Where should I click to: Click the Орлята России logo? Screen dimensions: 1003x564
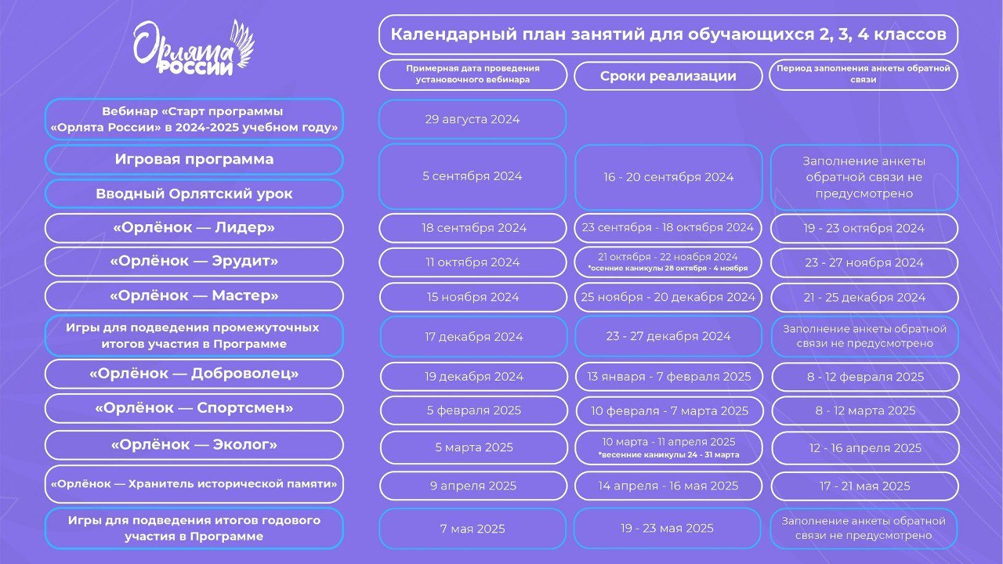coord(194,49)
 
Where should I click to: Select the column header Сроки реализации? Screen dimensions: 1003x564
coord(668,76)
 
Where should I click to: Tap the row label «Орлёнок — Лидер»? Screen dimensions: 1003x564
coord(194,228)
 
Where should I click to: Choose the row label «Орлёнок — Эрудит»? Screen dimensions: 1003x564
coord(194,261)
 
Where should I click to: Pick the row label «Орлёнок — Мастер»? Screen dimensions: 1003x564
coord(194,295)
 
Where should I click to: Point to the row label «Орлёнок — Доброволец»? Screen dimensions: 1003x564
coord(194,374)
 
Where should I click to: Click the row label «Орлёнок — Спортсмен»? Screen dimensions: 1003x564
coord(194,408)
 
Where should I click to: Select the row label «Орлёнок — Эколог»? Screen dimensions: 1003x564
coord(194,445)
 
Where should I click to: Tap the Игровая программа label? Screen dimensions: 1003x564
coord(194,159)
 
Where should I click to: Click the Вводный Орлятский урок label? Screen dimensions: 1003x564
coord(194,193)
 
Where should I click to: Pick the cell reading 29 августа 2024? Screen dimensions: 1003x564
coord(473,120)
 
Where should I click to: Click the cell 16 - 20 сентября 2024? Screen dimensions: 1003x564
coord(668,177)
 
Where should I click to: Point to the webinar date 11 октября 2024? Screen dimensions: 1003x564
coord(473,262)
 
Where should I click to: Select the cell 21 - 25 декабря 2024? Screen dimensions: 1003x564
coord(864,298)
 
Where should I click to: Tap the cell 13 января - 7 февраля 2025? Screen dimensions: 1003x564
coord(669,377)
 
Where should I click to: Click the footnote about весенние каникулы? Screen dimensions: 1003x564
coord(668,455)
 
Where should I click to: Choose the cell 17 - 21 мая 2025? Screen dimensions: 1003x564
coord(864,486)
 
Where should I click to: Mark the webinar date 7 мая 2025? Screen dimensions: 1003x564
coord(473,529)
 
